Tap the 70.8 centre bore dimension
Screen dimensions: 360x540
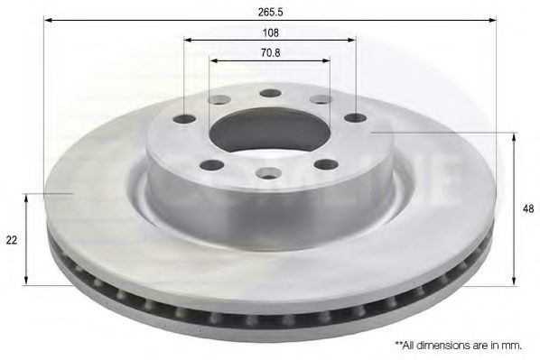[x=270, y=51]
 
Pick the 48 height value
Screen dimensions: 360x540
[x=528, y=208]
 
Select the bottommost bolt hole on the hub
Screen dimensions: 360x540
[x=268, y=173]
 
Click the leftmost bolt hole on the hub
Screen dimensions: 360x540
[x=185, y=118]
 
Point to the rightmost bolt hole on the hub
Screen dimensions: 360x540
[x=355, y=117]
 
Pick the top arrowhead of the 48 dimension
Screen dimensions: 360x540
[x=514, y=136]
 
